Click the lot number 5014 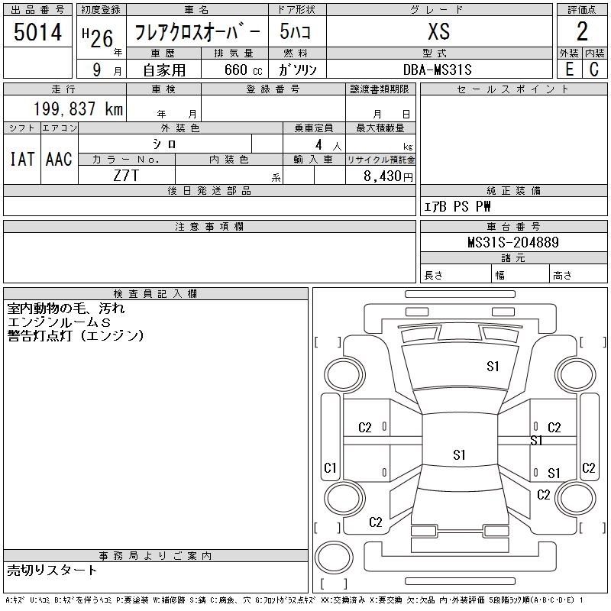37,32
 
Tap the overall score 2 582,31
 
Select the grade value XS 439,31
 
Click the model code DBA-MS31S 437,70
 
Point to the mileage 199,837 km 78,108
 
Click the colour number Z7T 126,176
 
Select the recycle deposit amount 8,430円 388,176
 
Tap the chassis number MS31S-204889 513,242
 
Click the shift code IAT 22,159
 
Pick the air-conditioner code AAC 59,159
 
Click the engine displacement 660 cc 243,70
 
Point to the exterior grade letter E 569,70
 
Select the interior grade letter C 594,70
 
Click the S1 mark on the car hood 493,367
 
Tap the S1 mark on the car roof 460,454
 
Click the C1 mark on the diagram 330,467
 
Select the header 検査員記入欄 155,294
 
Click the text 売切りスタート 52,571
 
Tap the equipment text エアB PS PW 457,206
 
